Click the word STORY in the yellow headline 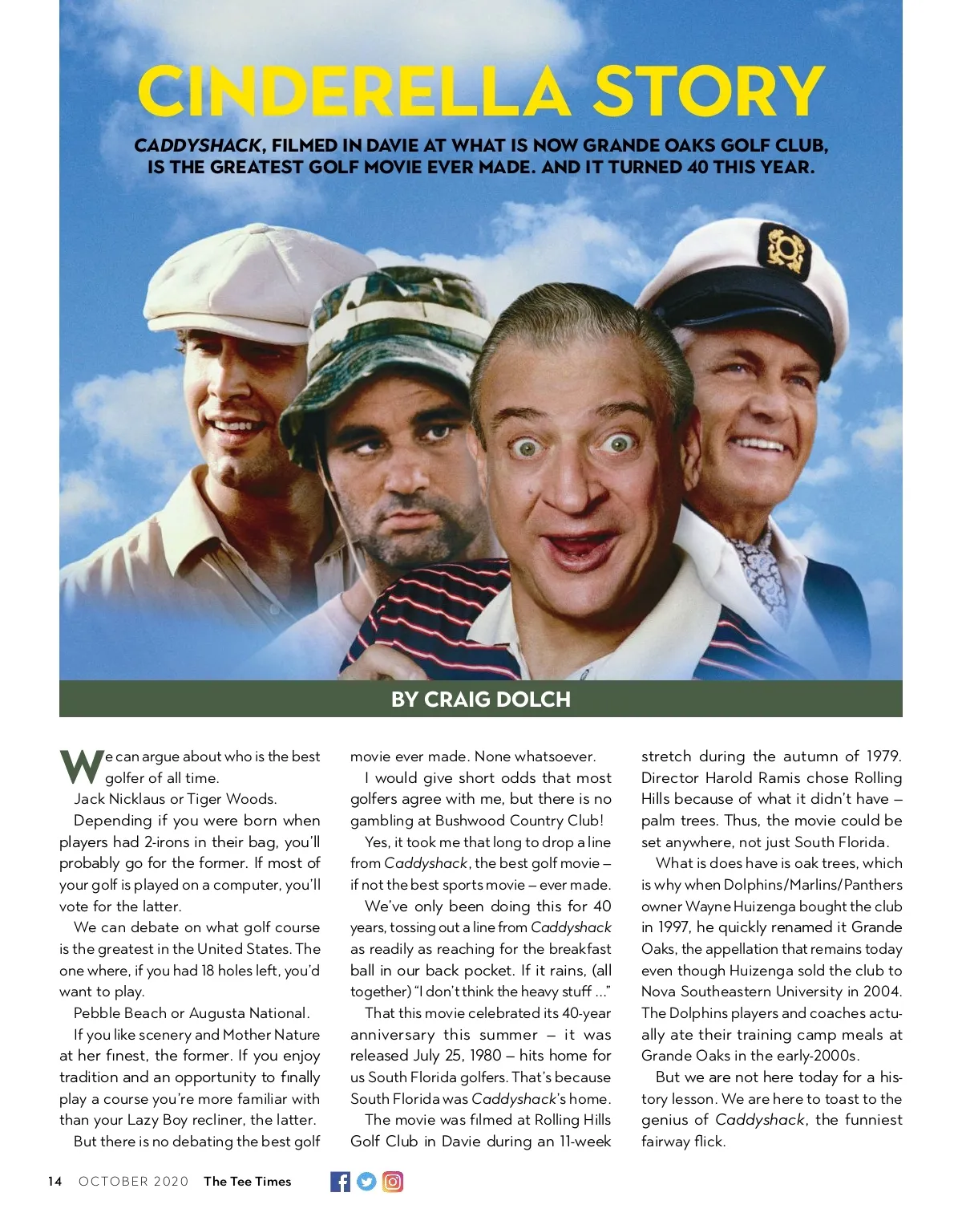point(708,91)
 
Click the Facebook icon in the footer point(340,1181)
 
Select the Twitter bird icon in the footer point(366,1181)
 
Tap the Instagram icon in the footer point(393,1181)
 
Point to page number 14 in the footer point(55,1181)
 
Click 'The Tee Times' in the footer point(247,1181)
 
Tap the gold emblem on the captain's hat point(784,249)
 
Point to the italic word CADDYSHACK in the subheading point(197,146)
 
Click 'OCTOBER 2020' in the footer point(133,1181)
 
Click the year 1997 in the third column point(672,927)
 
